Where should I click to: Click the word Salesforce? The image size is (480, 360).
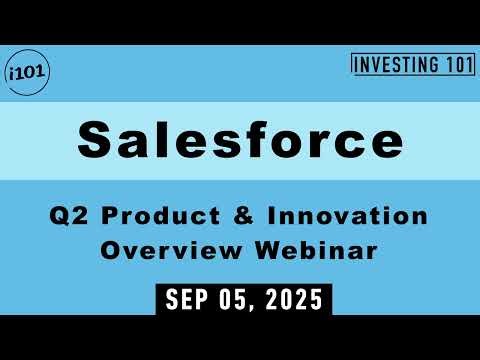pyautogui.click(x=239, y=140)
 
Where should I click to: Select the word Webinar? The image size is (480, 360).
pyautogui.click(x=321, y=250)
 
